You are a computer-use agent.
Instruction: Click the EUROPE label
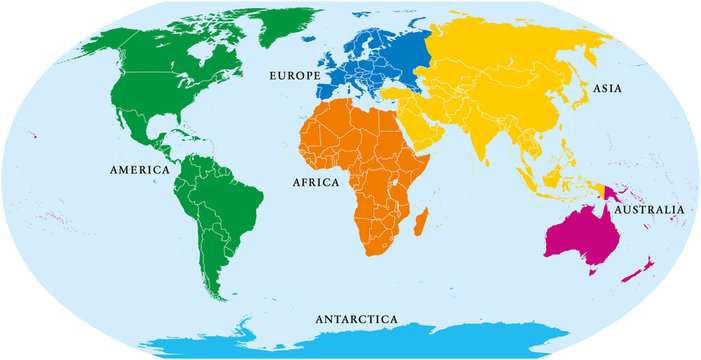[x=293, y=75]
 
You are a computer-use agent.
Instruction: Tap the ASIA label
[x=606, y=89]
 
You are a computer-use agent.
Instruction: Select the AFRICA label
[x=316, y=183]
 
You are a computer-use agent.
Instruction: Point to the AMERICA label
[x=139, y=170]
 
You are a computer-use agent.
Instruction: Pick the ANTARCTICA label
[x=356, y=319]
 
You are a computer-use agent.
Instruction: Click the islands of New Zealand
[x=641, y=268]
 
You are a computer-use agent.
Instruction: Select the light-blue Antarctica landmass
[x=400, y=341]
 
